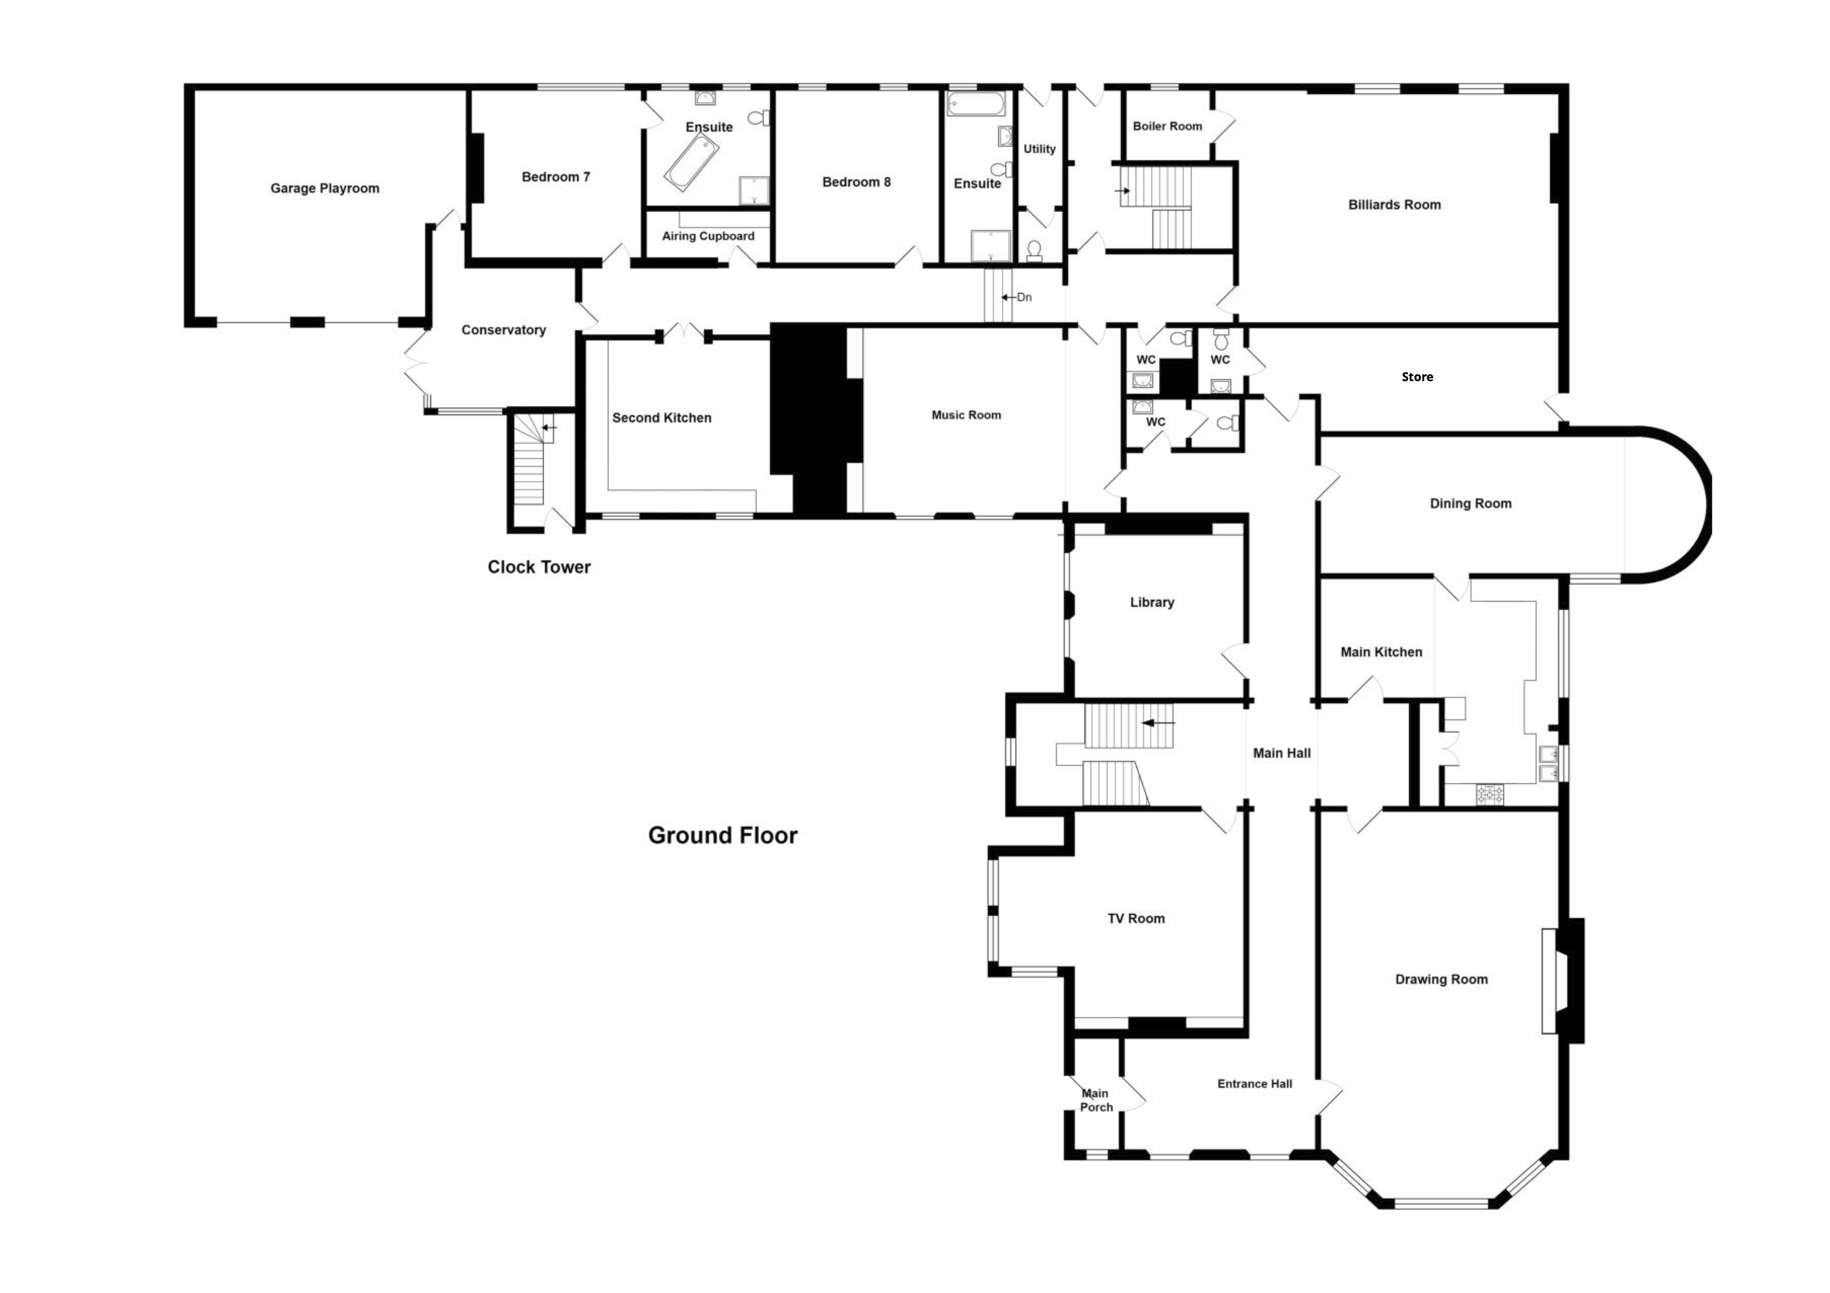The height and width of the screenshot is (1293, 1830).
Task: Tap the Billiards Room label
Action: click(1394, 205)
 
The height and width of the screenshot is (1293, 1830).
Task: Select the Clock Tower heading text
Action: click(539, 567)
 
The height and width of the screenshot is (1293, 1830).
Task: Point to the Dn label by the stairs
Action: click(1024, 297)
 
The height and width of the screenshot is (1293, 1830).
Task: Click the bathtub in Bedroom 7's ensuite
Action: click(692, 162)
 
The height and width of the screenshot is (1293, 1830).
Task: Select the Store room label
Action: click(1417, 377)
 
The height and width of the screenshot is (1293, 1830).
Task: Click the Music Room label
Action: click(966, 415)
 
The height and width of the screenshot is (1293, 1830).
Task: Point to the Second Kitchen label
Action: click(661, 417)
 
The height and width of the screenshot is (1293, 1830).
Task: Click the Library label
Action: click(1152, 602)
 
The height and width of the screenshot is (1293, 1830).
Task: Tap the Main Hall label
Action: click(1282, 753)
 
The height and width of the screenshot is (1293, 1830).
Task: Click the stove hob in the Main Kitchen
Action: click(1490, 793)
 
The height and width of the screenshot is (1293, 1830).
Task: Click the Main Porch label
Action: click(1096, 1100)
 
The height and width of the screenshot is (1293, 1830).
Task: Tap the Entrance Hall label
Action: click(1255, 1083)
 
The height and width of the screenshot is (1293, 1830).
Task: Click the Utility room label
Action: click(1039, 149)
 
